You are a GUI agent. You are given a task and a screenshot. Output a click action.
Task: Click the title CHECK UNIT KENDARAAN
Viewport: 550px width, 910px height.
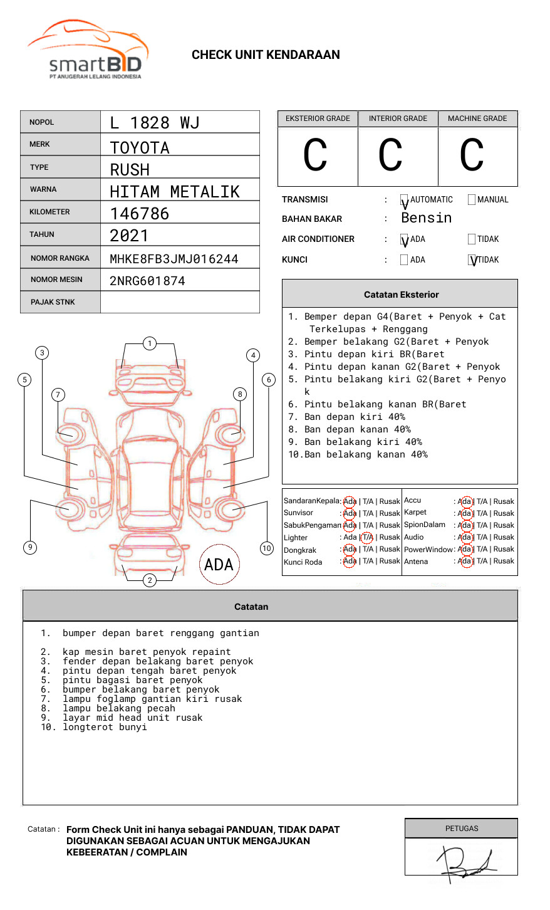tap(266, 55)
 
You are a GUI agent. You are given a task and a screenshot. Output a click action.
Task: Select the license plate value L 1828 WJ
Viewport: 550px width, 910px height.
tap(154, 123)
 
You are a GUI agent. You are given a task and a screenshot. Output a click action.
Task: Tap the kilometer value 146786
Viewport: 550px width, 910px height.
tap(140, 214)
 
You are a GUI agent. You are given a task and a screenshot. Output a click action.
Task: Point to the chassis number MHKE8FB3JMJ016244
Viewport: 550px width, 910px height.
tap(174, 259)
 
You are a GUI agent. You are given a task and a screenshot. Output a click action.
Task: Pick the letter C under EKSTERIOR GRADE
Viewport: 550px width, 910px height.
tap(315, 155)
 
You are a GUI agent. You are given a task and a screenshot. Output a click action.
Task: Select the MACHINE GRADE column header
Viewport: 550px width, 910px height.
tap(477, 118)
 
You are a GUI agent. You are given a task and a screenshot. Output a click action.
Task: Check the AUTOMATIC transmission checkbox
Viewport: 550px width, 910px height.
tap(404, 200)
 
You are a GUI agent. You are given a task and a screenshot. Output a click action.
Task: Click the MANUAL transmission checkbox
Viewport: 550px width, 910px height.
tap(472, 200)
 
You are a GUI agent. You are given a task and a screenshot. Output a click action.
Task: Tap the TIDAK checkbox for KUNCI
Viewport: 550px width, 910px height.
tap(472, 260)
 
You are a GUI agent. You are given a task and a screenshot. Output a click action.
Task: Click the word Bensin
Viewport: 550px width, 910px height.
tap(426, 218)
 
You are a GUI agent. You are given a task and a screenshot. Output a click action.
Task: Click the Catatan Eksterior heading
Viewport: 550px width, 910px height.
tap(401, 295)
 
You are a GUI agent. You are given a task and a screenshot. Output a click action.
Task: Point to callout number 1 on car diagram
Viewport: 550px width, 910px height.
tap(149, 343)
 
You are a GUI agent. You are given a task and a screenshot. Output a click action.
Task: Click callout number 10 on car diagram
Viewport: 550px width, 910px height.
tap(267, 548)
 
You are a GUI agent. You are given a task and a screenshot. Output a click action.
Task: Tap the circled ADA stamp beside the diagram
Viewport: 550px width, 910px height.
tap(219, 565)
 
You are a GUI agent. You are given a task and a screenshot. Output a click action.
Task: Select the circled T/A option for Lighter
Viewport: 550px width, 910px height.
tap(367, 538)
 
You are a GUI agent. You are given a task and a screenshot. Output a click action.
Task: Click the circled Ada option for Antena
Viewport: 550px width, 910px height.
tap(464, 562)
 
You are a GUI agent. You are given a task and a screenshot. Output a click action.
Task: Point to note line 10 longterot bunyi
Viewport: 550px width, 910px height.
tap(94, 727)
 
